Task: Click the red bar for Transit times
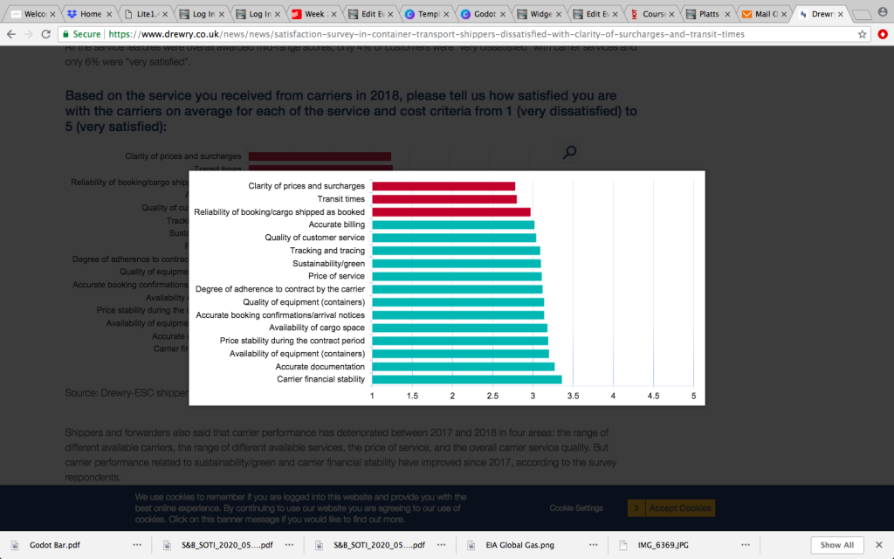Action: point(444,199)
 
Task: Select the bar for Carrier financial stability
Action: point(466,379)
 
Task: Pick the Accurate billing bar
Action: point(453,224)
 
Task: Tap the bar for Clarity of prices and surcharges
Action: point(444,186)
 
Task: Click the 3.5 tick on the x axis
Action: point(573,396)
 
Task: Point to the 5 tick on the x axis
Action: point(693,396)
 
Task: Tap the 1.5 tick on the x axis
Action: point(412,396)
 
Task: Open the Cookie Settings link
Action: point(576,507)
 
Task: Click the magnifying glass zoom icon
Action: point(569,153)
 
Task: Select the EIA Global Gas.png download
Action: point(521,545)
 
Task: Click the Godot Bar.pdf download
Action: point(56,545)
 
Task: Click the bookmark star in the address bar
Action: point(863,34)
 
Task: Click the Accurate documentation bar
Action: point(463,367)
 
